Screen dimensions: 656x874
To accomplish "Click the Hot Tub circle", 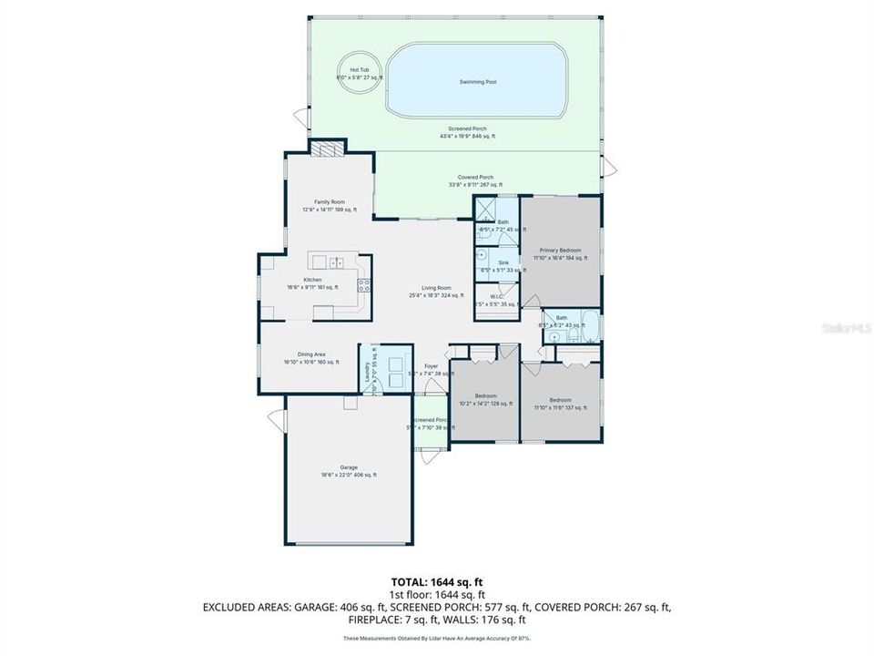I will (x=359, y=72).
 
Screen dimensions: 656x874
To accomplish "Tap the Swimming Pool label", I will (x=477, y=82).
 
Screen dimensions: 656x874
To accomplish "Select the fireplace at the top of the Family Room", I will (x=328, y=149).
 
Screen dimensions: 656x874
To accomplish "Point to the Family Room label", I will (x=330, y=205).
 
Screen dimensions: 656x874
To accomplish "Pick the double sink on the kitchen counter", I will (x=336, y=263).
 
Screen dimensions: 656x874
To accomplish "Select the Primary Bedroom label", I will (x=560, y=253).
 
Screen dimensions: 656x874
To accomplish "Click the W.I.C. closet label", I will (x=496, y=300).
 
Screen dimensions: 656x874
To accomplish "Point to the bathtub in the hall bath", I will (x=584, y=324).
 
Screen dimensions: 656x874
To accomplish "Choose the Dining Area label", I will (x=311, y=357).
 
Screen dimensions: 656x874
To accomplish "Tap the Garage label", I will (x=349, y=470).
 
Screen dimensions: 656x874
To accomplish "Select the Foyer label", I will (x=431, y=369).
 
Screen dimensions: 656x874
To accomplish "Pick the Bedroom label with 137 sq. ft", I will (x=560, y=403).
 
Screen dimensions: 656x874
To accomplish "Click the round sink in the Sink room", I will (x=483, y=258).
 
